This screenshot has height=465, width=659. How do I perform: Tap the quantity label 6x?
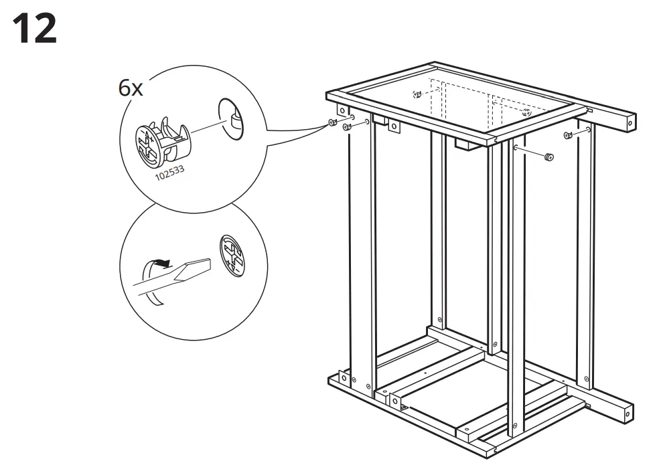tap(131, 88)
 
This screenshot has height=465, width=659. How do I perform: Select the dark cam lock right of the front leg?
tap(549, 157)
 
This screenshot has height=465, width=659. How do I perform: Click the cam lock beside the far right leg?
tap(569, 135)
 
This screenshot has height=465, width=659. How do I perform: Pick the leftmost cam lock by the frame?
tap(332, 122)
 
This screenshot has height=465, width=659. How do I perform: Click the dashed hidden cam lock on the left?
tap(417, 94)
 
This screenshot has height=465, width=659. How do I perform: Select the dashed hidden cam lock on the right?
tap(526, 112)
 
